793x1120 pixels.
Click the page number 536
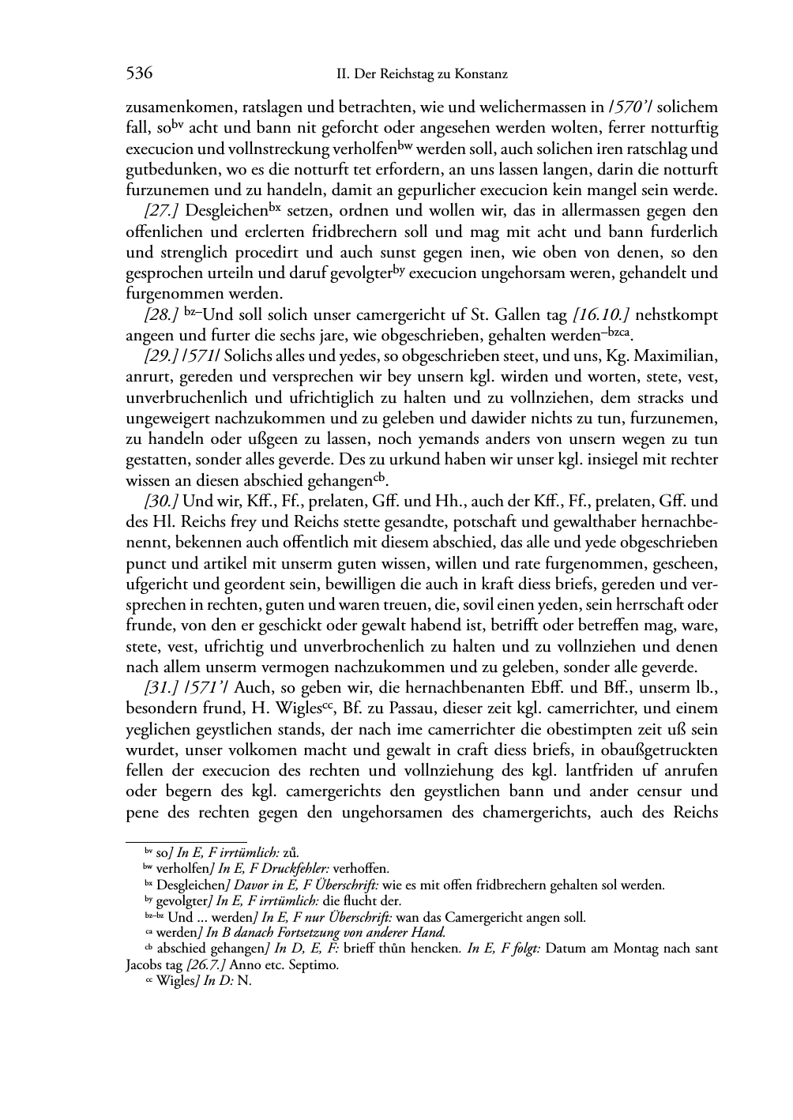[x=139, y=74]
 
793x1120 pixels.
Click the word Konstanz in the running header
[x=480, y=75]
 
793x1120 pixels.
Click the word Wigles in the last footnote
[x=175, y=982]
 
